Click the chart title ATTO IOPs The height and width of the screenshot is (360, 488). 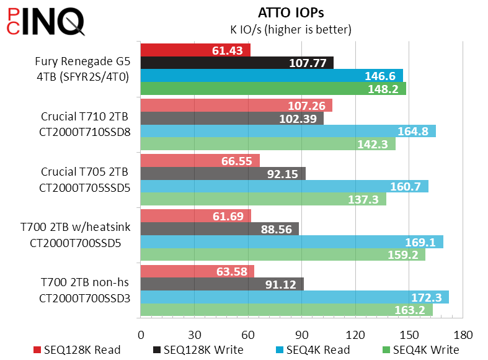coord(291,12)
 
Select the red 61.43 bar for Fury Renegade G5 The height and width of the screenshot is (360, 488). coord(195,50)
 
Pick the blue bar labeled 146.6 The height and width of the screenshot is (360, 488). coord(272,76)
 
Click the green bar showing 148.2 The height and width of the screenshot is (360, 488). coord(273,89)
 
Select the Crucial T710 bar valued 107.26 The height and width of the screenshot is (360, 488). coord(236,105)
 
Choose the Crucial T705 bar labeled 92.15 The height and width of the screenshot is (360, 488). coord(223,173)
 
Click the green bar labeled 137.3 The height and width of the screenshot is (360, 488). coord(264,199)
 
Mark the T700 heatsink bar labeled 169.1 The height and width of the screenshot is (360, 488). coord(292,241)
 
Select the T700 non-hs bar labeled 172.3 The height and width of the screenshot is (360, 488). coord(295,297)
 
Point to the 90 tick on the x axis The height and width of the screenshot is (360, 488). coord(302,333)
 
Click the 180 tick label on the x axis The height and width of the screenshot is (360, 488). coord(463,333)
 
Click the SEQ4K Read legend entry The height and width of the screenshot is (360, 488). coord(317,350)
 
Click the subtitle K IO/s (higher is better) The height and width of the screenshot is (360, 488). coord(291,29)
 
